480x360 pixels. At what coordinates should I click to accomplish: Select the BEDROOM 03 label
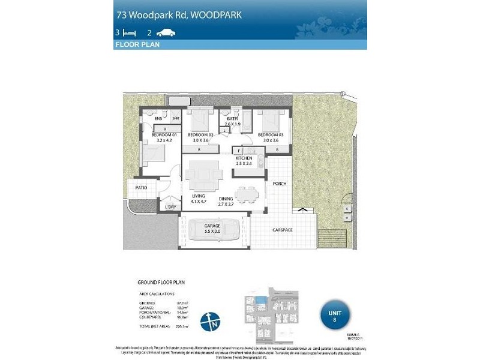270,136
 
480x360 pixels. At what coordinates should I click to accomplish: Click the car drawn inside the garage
212,230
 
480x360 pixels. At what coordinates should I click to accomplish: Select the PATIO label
141,188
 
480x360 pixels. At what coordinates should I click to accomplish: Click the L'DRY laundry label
170,207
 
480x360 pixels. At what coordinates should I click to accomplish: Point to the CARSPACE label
281,229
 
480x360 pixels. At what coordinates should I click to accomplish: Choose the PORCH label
279,184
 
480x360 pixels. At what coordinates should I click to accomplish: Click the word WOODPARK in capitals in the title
215,15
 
